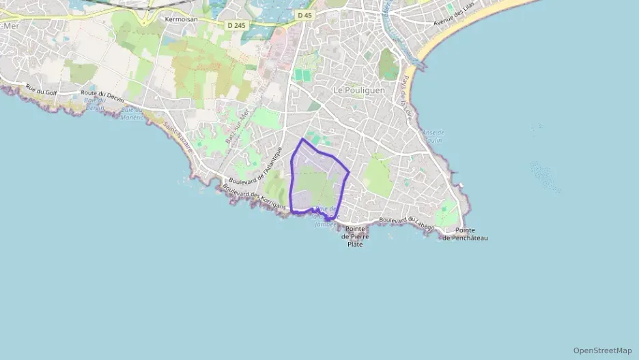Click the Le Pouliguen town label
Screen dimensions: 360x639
359,90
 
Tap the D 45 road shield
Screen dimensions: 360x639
304,14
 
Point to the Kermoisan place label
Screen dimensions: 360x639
181,19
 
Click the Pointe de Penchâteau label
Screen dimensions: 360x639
466,234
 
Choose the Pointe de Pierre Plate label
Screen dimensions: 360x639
355,236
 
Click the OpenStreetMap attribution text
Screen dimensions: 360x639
602,350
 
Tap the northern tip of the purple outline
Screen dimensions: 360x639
302,139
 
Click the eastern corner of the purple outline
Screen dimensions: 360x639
350,172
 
